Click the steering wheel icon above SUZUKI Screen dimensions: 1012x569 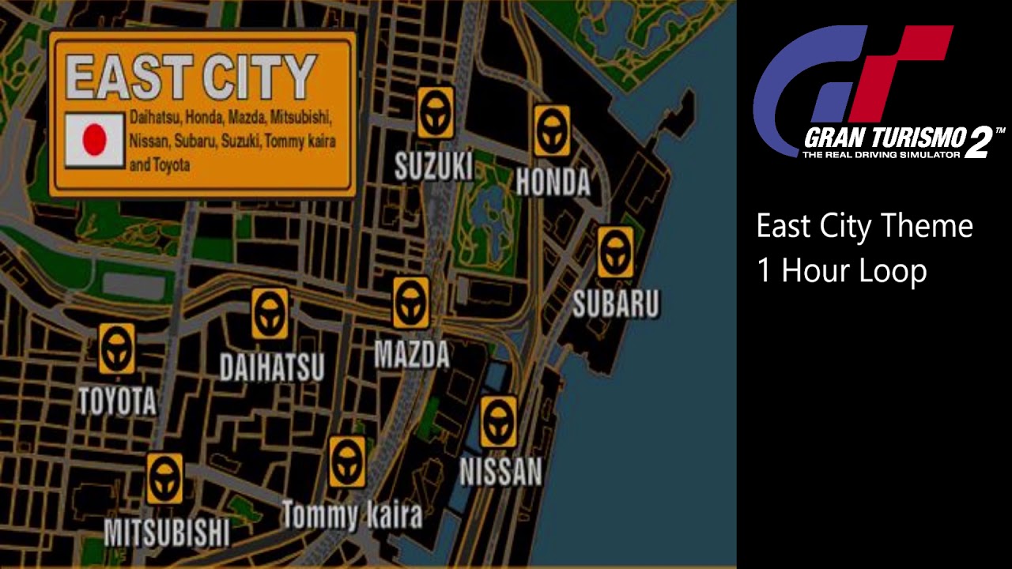point(435,113)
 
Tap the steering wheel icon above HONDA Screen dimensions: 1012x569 point(552,131)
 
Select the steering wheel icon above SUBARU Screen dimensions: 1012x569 point(615,252)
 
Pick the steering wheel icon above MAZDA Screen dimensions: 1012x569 point(411,303)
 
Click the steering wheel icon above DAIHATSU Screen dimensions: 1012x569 point(270,314)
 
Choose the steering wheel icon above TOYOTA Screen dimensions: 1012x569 point(117,349)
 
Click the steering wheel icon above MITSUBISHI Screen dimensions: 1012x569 point(164,479)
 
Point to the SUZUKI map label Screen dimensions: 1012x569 point(434,167)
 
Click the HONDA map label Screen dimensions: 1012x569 point(553,183)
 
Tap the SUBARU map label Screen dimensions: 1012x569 point(615,304)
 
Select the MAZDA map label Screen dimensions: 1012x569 point(412,356)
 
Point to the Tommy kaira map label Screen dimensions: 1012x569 point(352,516)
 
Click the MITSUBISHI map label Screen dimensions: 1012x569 point(167,533)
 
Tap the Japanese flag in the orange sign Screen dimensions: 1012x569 point(94,140)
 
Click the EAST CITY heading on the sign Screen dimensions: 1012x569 point(191,77)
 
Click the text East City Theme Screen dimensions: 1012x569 point(864,226)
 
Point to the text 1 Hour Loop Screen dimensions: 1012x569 point(841,271)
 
